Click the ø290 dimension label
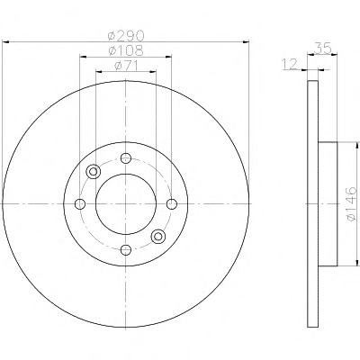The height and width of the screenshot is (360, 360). (x=126, y=36)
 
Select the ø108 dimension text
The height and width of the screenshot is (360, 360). (x=126, y=50)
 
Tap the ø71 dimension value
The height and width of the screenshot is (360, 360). (x=126, y=66)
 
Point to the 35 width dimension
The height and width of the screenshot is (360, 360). (x=322, y=48)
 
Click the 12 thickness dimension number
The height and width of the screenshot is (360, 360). (x=290, y=64)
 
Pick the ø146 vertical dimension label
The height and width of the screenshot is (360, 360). (x=351, y=204)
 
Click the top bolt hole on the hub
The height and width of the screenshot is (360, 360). (x=126, y=157)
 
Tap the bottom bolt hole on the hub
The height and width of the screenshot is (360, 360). (x=126, y=249)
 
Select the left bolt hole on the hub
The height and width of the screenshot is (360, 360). (x=80, y=204)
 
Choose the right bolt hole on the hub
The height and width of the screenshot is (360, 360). (x=172, y=204)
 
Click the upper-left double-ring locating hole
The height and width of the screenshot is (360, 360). (x=94, y=172)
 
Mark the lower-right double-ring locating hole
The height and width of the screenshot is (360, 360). (x=158, y=236)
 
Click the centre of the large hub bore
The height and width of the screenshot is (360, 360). (x=126, y=204)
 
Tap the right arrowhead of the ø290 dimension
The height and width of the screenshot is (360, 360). (x=246, y=41)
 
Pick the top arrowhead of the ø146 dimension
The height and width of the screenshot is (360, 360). (x=357, y=146)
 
